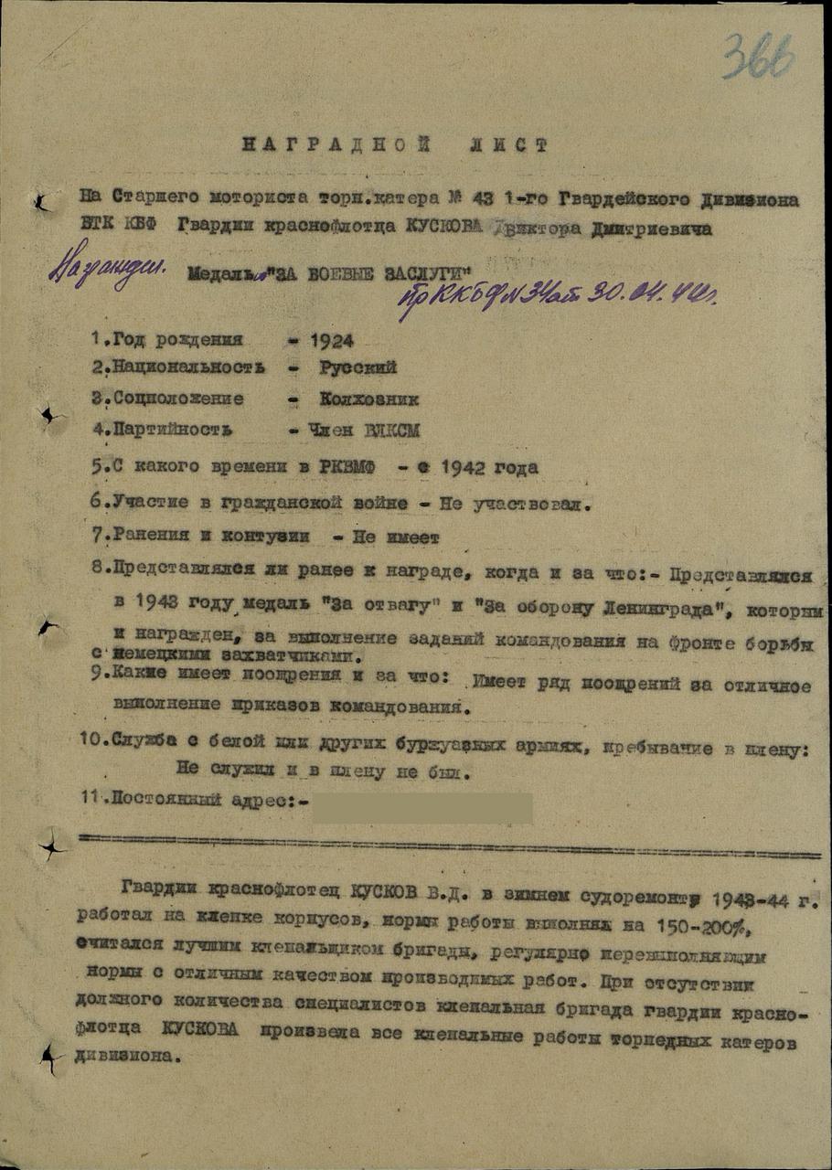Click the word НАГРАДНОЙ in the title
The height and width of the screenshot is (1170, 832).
pyautogui.click(x=310, y=144)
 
